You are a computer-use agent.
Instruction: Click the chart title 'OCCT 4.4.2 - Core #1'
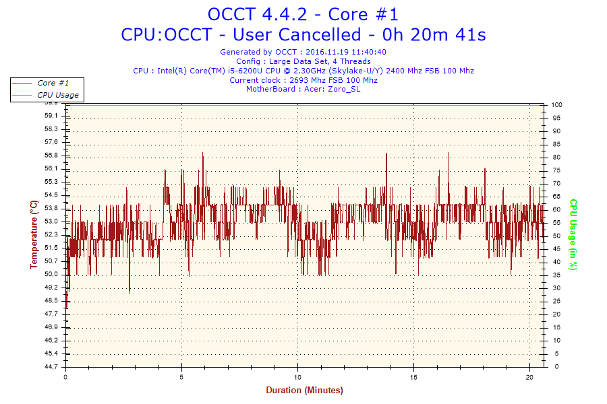tap(303, 14)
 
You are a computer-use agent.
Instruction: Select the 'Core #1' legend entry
tap(53, 83)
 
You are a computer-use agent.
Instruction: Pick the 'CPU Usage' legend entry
tap(57, 95)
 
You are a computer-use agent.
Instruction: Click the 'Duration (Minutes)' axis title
tap(304, 391)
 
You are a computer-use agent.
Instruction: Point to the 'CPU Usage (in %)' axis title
tap(573, 234)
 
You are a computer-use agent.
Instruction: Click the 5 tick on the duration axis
tap(182, 377)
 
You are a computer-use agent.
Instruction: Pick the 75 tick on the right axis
tap(556, 170)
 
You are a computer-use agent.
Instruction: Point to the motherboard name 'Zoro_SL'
tap(345, 89)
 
